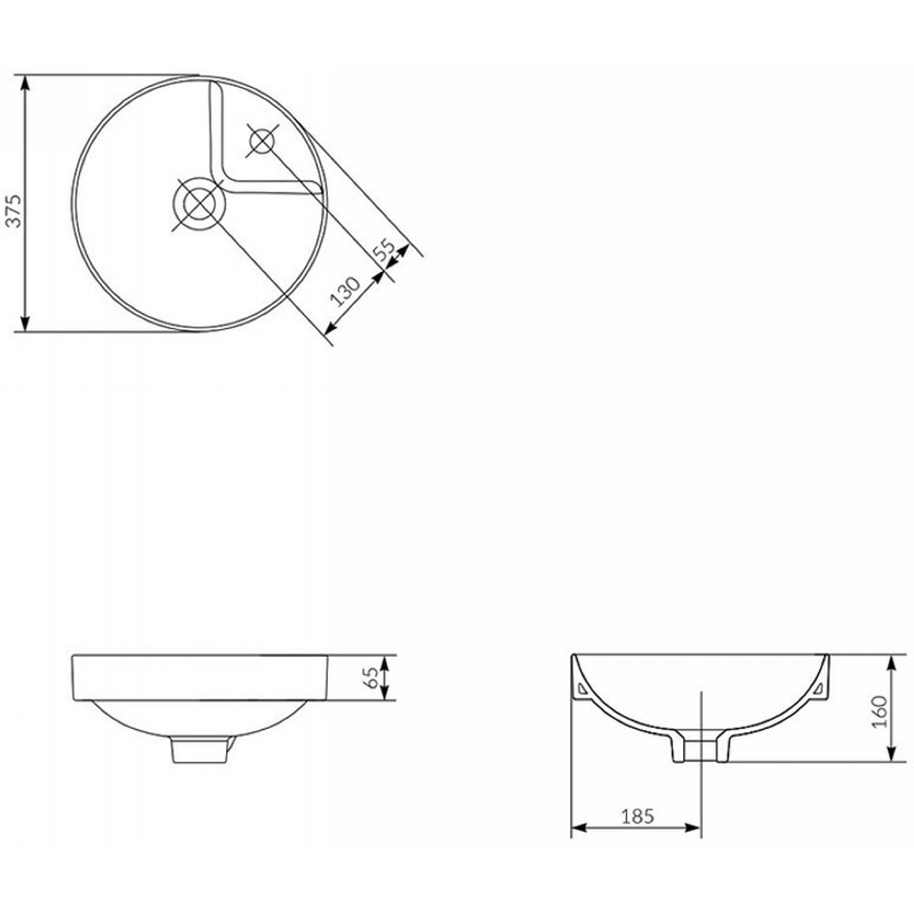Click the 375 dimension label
click(x=13, y=210)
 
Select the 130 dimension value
click(x=345, y=291)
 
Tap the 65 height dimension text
click(x=370, y=678)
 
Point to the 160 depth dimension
click(x=879, y=711)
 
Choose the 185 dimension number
click(x=637, y=817)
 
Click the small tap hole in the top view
click(x=261, y=141)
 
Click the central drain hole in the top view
click(x=198, y=203)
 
